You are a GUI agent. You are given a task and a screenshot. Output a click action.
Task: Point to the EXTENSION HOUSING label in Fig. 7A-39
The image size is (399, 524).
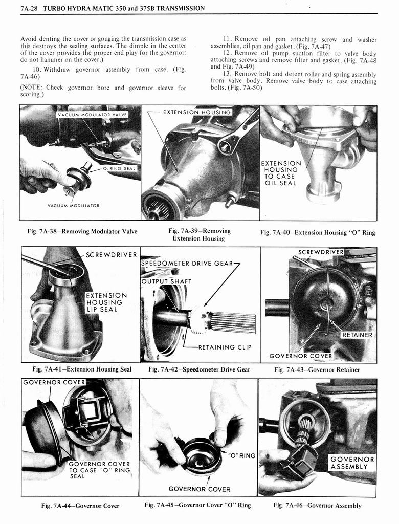(197, 112)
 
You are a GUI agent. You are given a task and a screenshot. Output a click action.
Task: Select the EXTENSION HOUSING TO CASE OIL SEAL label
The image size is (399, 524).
(280, 173)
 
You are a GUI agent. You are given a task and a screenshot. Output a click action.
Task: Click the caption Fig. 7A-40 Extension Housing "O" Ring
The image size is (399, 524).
(317, 233)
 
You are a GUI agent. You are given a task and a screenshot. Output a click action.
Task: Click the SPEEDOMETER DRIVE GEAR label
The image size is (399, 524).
(187, 264)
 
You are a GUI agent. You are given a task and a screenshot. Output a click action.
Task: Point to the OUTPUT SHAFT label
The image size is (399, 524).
(166, 281)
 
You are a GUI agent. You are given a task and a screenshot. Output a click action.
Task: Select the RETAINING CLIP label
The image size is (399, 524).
(224, 347)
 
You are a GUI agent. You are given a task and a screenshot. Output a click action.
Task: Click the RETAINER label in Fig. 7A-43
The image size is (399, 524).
(357, 335)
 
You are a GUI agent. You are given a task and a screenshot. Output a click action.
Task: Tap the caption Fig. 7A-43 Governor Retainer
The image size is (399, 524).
(317, 369)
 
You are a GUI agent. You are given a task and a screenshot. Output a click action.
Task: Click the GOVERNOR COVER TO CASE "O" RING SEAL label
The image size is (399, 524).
(100, 470)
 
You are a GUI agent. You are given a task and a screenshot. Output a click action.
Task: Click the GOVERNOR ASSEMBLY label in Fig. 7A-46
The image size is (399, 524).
(352, 463)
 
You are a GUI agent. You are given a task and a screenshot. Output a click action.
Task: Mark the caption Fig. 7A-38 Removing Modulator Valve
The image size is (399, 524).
(82, 231)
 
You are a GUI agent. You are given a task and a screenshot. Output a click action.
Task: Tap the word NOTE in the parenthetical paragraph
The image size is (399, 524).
(33, 88)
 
